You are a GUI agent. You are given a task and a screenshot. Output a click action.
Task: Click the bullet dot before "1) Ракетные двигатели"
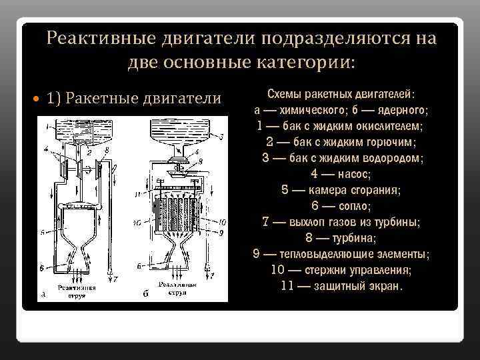pos(38,99)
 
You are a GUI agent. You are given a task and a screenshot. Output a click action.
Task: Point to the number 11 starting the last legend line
pos(287,287)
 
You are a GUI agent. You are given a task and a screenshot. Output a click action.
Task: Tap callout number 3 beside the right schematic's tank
pos(221,135)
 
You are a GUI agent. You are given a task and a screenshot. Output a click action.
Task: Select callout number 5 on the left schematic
pos(41,233)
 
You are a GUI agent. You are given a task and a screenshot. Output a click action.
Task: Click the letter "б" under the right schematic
pos(145,293)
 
